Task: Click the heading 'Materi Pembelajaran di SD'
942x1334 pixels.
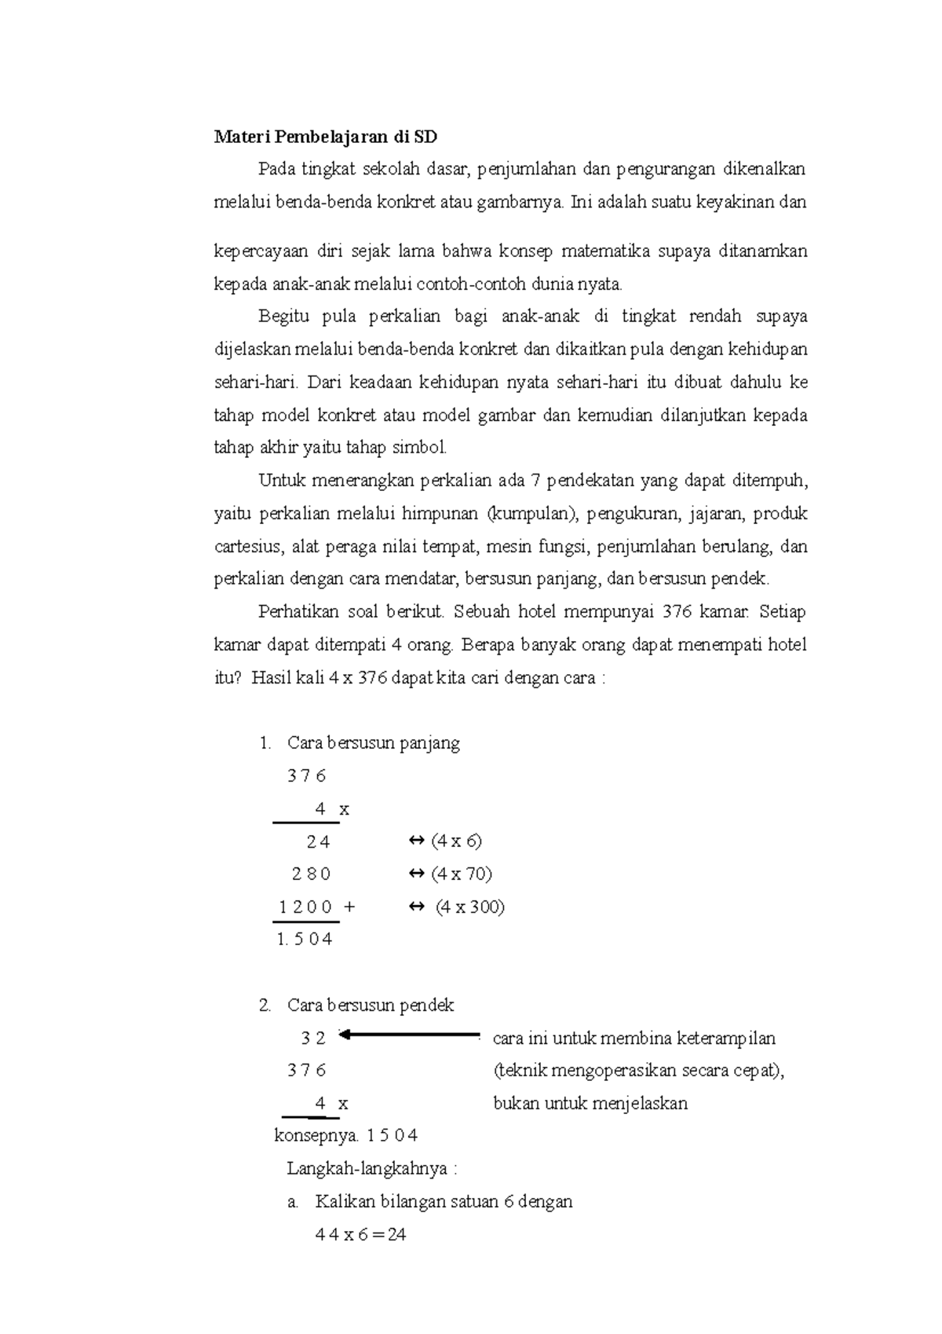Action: tap(325, 137)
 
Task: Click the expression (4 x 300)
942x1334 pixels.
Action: tap(469, 907)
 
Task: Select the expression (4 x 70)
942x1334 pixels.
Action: tap(461, 874)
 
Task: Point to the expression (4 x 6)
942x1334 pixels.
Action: tap(455, 841)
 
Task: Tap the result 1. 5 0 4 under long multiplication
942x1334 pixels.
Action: tap(305, 939)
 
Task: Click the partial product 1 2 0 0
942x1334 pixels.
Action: tap(306, 907)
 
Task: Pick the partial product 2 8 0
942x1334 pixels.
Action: tap(311, 874)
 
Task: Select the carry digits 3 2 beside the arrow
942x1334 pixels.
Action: tap(312, 1038)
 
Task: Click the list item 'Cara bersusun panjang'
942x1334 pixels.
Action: tap(373, 742)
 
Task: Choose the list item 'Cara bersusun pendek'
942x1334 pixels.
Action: tap(370, 1005)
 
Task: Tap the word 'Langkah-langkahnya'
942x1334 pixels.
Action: tap(367, 1168)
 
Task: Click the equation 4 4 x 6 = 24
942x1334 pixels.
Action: tap(360, 1234)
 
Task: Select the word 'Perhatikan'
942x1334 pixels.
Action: tap(298, 612)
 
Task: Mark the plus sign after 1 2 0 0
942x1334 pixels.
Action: tap(349, 907)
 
